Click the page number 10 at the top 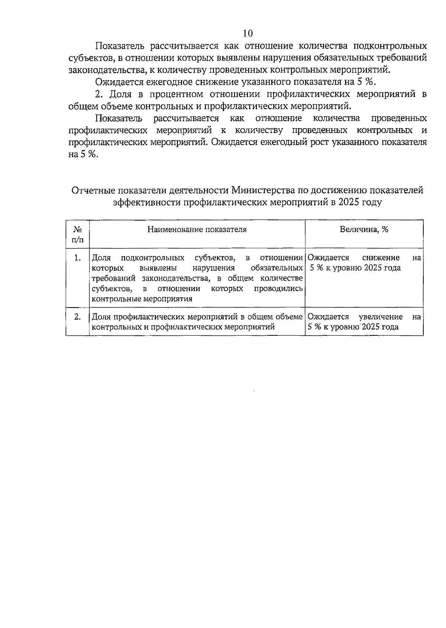[248, 33]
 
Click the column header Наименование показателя [197, 230]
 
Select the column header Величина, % [364, 230]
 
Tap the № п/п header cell [78, 234]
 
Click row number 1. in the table [77, 258]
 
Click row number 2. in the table [77, 317]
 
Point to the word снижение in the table [381, 258]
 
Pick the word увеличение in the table [381, 317]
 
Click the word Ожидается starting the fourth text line [117, 82]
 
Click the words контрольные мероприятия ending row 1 [142, 299]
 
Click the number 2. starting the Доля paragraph [99, 94]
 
